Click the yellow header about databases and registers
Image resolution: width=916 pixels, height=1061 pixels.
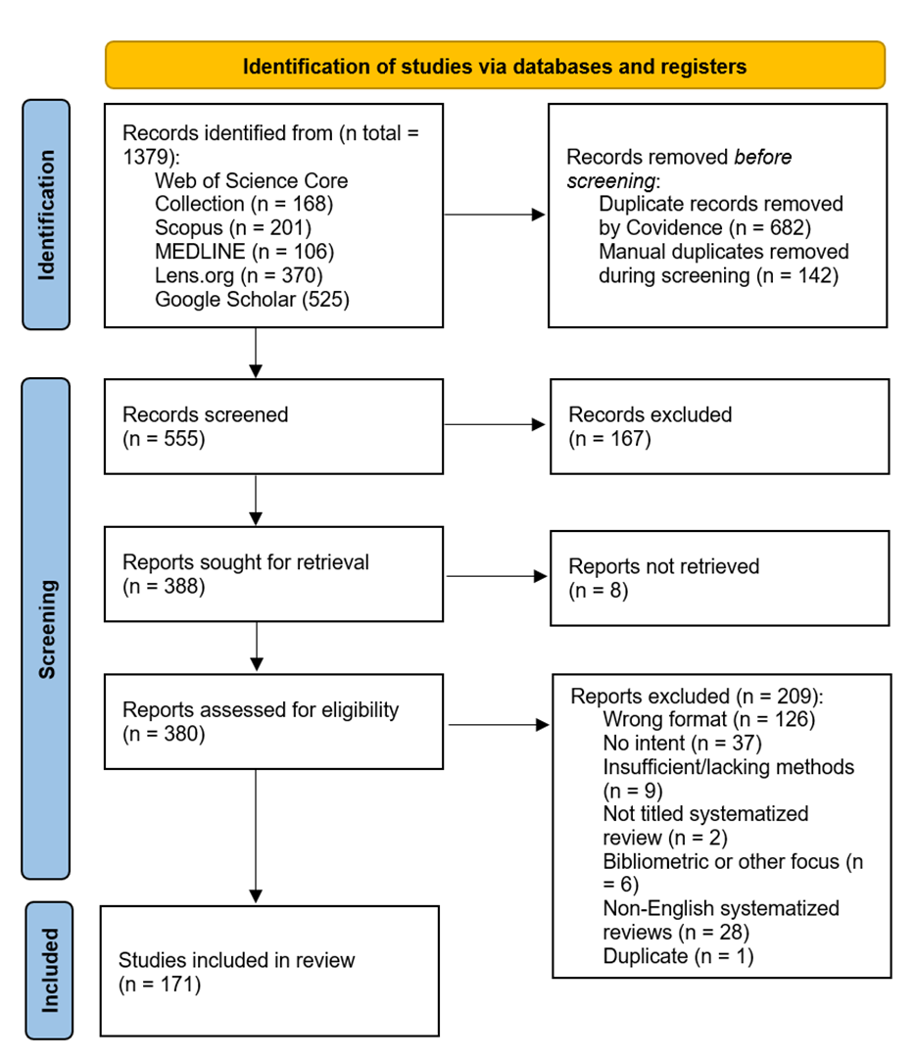(495, 67)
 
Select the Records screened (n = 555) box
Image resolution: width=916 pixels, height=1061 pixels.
(274, 426)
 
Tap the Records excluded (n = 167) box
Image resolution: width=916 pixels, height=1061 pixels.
(719, 426)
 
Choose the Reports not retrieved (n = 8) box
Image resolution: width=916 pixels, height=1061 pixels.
(719, 578)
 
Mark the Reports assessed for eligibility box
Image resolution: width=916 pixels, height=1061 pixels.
(274, 721)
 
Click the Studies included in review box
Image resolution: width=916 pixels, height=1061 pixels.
(269, 971)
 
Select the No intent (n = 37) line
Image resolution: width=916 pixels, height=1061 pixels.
(685, 744)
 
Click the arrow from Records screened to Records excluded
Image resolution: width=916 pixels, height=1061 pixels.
(495, 425)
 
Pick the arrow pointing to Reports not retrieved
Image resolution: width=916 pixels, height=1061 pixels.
(496, 577)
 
